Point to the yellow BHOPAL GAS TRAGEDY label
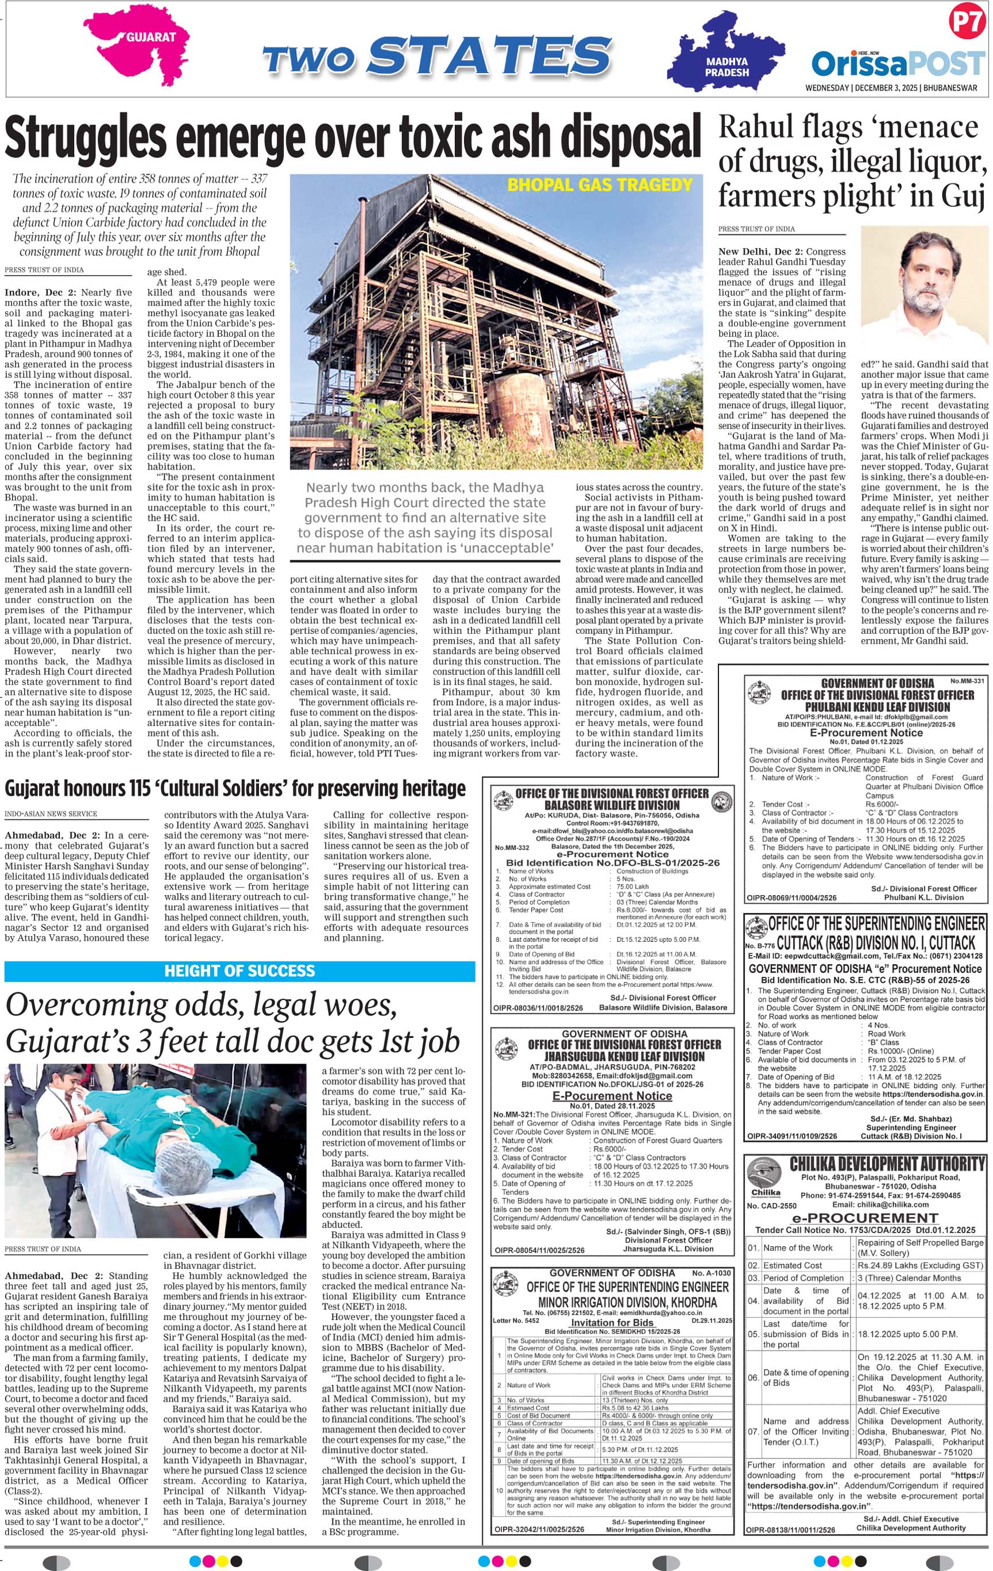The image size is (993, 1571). tap(599, 185)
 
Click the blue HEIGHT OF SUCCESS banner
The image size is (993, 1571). tap(239, 970)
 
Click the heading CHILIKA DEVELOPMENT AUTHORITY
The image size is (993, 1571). tap(887, 1164)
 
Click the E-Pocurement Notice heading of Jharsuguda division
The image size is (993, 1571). tap(612, 1095)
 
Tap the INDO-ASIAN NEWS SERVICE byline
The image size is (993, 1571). tap(51, 814)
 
